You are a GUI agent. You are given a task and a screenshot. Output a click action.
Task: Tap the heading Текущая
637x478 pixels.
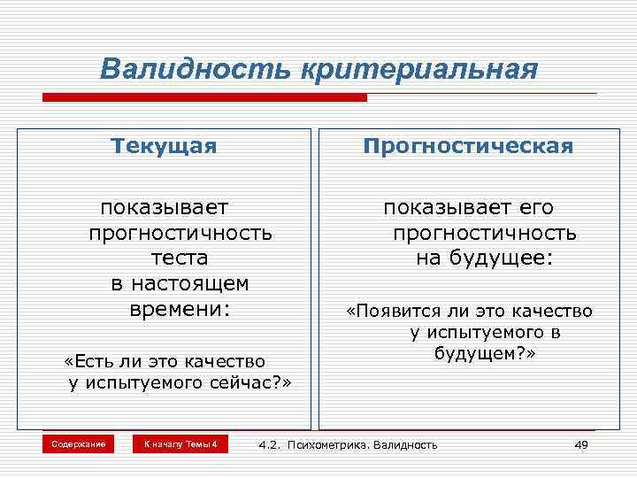click(x=164, y=146)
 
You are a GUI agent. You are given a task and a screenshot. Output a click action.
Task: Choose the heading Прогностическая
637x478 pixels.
click(x=468, y=146)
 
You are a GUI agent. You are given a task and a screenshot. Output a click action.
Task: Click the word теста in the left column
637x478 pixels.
click(x=179, y=258)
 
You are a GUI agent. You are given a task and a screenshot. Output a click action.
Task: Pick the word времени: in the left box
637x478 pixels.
click(x=179, y=310)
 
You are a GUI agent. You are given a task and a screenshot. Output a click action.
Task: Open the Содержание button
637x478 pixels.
click(x=78, y=443)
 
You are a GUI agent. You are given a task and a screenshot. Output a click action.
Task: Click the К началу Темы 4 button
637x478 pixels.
click(x=180, y=443)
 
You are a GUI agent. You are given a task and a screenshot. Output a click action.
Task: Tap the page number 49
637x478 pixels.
click(x=580, y=444)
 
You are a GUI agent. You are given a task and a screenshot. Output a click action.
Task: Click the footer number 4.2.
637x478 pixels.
click(x=269, y=444)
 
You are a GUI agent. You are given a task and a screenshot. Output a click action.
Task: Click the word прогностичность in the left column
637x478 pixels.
click(x=180, y=233)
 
